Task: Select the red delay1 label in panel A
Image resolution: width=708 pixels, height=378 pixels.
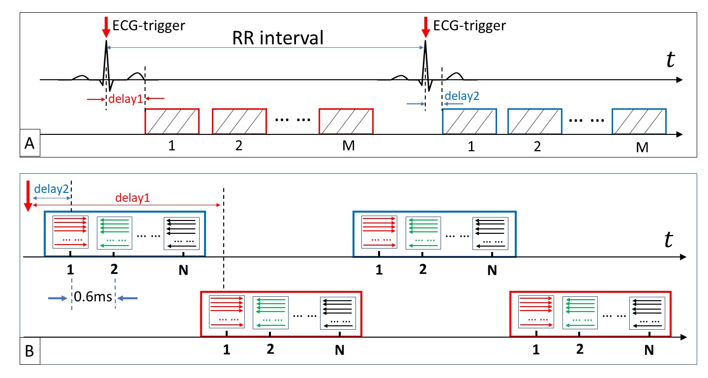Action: pos(126,99)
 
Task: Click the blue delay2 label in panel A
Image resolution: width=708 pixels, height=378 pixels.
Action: pos(462,96)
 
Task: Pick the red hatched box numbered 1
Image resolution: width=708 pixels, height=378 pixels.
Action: pos(172,121)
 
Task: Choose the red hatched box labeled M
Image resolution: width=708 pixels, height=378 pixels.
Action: pos(346,121)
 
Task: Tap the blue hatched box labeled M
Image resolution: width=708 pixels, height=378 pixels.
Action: pos(639,121)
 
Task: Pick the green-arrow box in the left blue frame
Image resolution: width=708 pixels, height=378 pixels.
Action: pos(114,233)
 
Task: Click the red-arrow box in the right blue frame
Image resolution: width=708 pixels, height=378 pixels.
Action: pos(379,233)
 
